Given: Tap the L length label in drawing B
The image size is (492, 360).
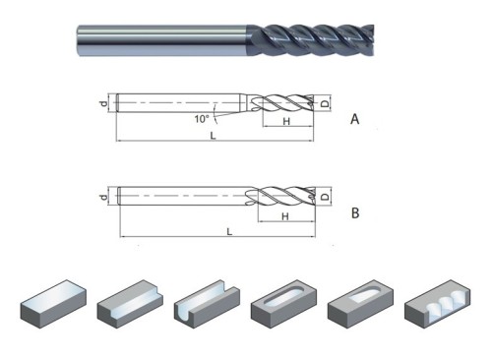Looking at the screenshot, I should (x=228, y=232).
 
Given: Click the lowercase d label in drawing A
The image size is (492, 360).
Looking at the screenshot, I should (x=102, y=101).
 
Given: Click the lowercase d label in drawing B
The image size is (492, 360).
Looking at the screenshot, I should (x=102, y=198).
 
